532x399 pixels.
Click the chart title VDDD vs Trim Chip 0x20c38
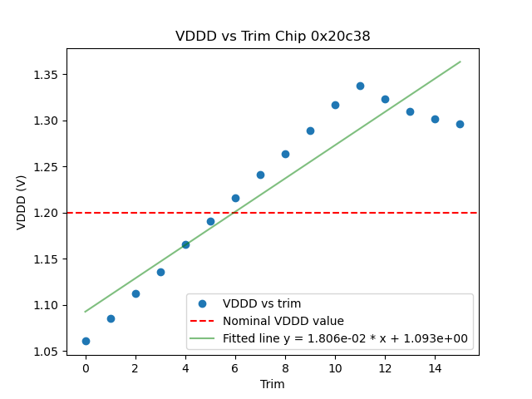[x=273, y=37]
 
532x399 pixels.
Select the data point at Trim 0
[x=86, y=341]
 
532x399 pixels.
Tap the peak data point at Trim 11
[x=360, y=86]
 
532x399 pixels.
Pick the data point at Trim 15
[x=460, y=124]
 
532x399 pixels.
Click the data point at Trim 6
[x=235, y=198]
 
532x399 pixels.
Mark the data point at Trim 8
[x=285, y=154]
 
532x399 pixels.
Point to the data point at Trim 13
[x=410, y=111]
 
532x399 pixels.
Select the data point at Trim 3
[x=160, y=272]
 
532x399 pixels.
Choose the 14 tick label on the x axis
[x=435, y=368]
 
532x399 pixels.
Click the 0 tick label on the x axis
[x=86, y=368]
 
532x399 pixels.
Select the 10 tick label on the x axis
[x=335, y=368]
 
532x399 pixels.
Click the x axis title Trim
[x=273, y=384]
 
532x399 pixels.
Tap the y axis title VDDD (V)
[x=22, y=202]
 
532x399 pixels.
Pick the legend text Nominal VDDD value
[x=283, y=321]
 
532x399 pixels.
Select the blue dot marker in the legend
[x=202, y=303]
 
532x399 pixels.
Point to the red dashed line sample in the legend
[x=202, y=321]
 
